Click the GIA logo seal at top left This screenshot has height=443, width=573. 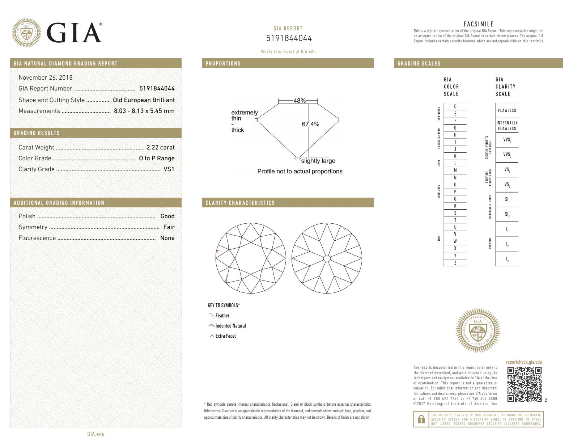pos(26,33)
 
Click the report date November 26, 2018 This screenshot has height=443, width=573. pos(46,77)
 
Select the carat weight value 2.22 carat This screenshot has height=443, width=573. pos(160,147)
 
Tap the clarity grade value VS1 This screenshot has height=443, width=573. pos(169,169)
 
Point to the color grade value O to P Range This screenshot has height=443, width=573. pos(157,158)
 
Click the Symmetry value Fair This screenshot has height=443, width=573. pos(169,227)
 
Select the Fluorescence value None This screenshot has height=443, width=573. pos(167,238)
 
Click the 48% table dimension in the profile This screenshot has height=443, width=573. pos(299,101)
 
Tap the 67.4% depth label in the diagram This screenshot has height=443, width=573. pos(310,124)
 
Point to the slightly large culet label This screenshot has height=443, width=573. pos(318,161)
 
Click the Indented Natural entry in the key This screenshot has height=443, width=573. pos(230,326)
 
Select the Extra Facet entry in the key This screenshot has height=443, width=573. pos(225,336)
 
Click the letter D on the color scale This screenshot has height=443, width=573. pos(455,107)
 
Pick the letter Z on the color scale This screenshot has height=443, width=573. pos(455,263)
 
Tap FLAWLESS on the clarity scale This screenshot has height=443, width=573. pos(507,110)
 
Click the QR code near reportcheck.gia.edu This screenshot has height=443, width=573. pos(524,384)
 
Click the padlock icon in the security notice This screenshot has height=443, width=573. pos(421,419)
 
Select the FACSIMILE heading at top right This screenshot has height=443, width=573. pos(478,24)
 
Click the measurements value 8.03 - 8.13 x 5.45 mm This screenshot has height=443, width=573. pos(144,111)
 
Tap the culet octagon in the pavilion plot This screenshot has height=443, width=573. pos(327,258)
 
